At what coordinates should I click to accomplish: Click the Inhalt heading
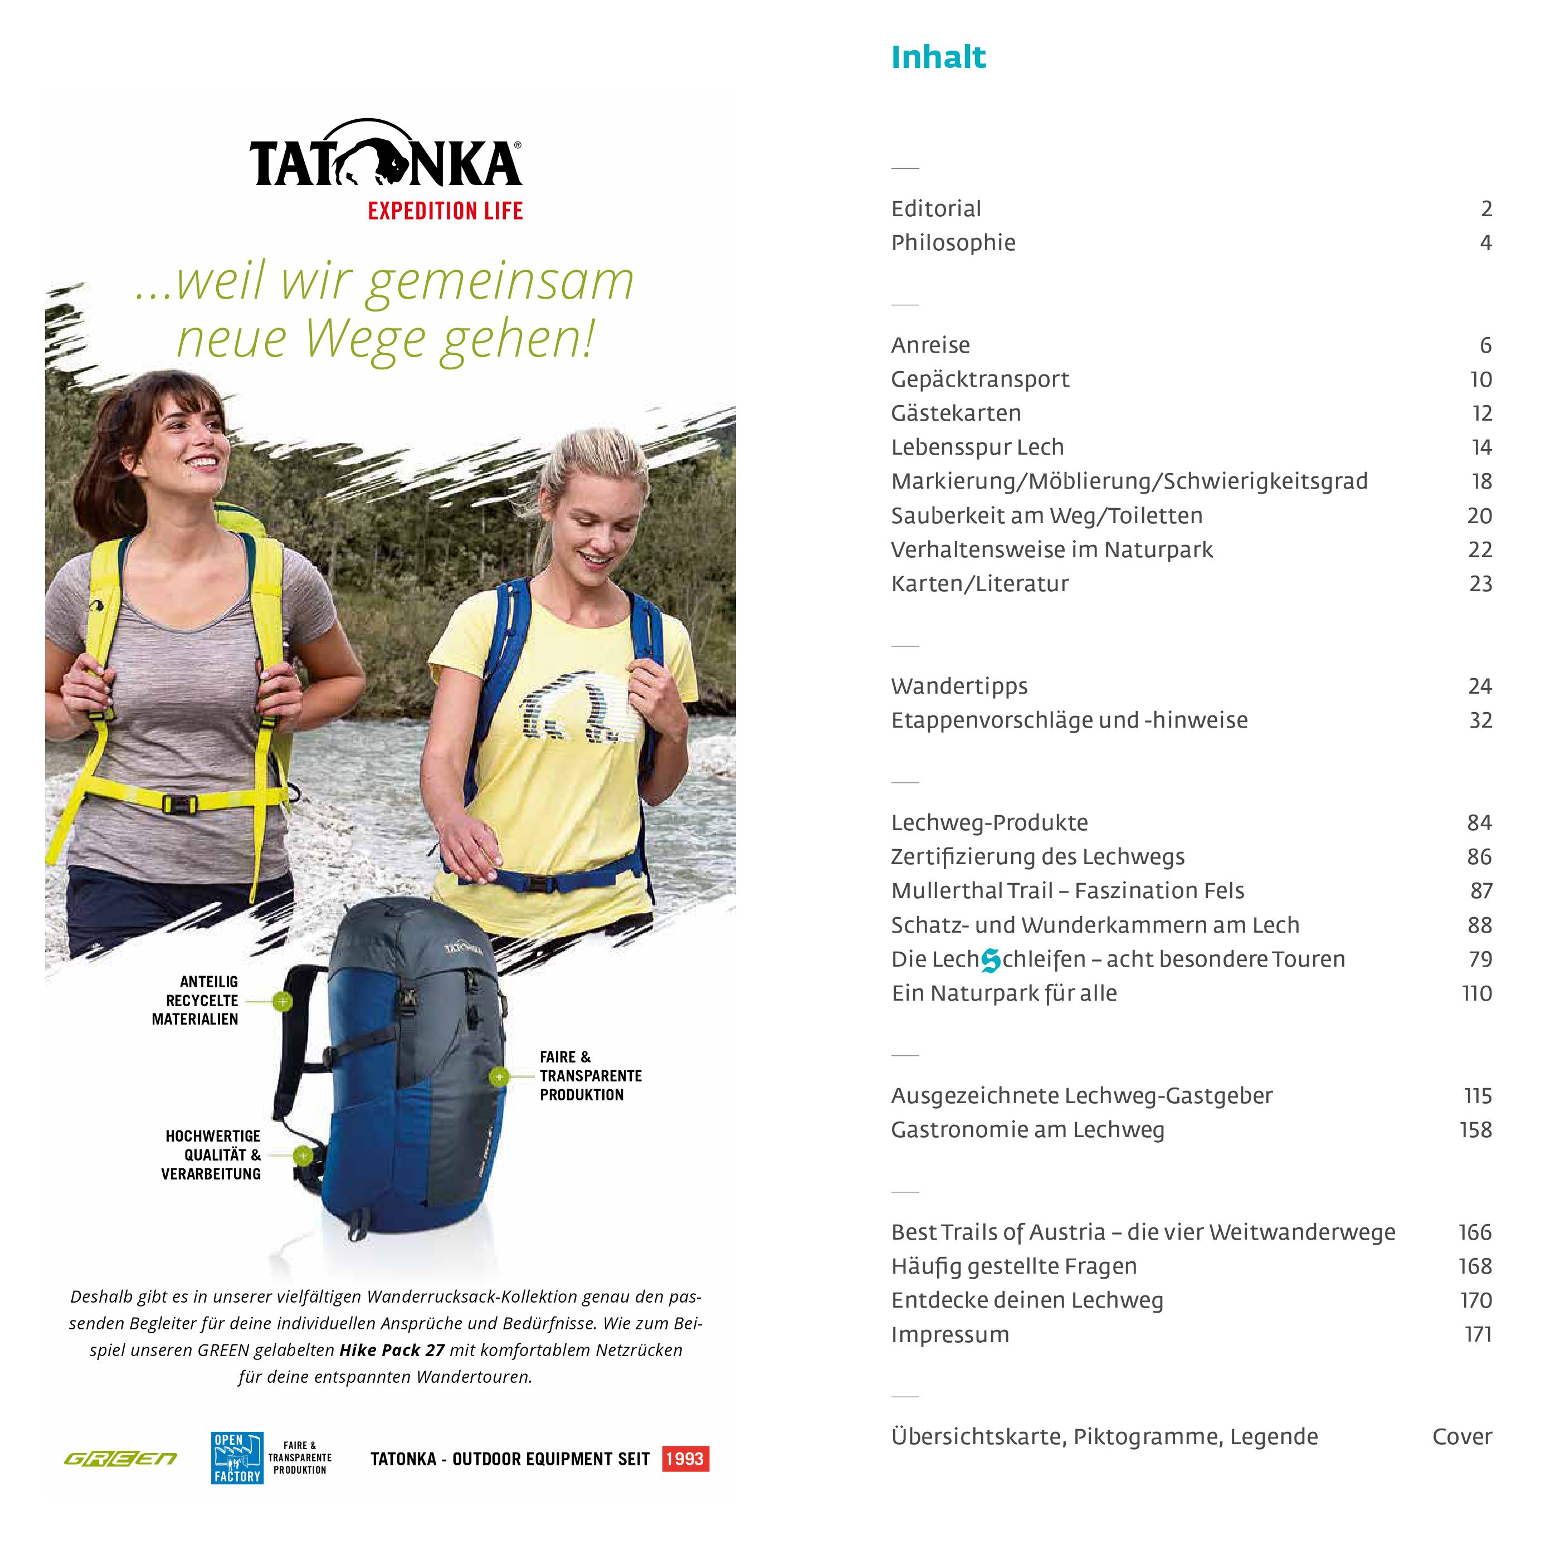tap(938, 57)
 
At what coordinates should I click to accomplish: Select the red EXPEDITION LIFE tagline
tap(445, 212)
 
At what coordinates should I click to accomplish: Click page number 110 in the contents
tap(1477, 993)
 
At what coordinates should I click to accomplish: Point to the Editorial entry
tap(936, 208)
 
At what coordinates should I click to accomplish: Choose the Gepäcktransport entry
tap(979, 379)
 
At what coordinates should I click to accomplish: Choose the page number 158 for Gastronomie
tap(1475, 1130)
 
